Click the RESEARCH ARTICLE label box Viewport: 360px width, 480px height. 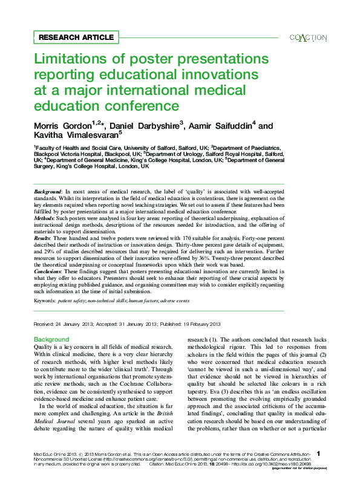76,37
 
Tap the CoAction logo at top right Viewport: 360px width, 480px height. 309,37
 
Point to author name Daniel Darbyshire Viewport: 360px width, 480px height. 145,126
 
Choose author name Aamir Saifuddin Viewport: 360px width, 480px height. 221,126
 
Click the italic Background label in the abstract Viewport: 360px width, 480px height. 48,191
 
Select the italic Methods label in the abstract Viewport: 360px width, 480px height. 45,218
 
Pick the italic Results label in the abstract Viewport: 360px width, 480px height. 43,239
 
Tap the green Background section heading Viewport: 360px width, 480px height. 51,339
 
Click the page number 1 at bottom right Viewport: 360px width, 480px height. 318,453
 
